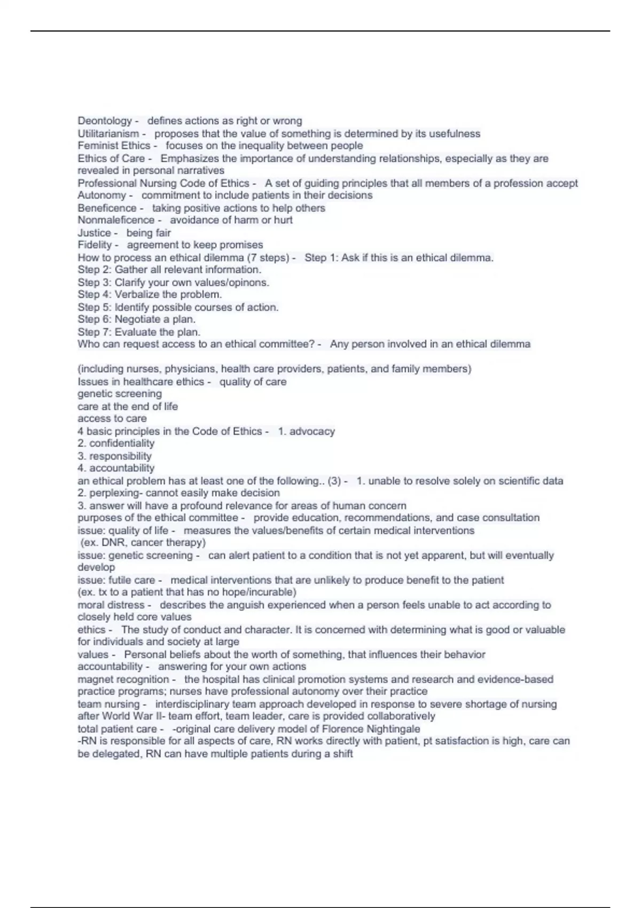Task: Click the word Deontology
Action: (x=104, y=121)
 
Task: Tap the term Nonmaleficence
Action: (x=116, y=220)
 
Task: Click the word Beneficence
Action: (x=107, y=208)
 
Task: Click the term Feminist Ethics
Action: (x=114, y=146)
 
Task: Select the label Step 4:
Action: (x=95, y=294)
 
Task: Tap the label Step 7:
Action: (x=95, y=332)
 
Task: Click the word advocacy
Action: (x=312, y=431)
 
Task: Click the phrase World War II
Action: (x=133, y=716)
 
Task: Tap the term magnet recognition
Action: (x=123, y=679)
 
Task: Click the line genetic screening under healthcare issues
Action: (x=120, y=394)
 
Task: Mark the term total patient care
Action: (x=117, y=729)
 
